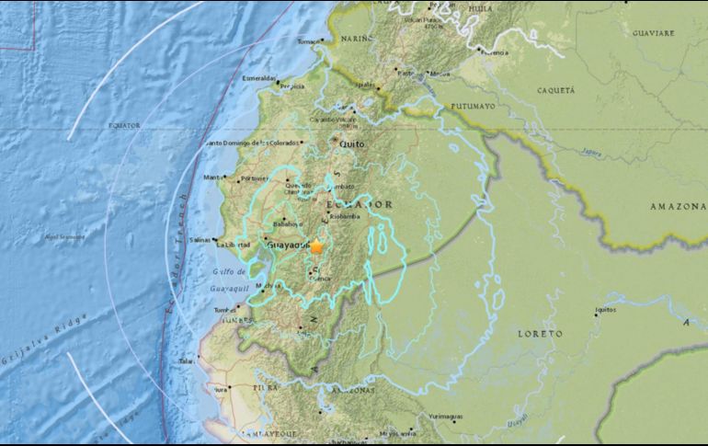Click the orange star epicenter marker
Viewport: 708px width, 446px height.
point(316,246)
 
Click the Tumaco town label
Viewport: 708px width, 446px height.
point(309,41)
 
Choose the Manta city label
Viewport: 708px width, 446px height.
point(213,177)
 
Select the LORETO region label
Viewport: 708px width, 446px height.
point(540,334)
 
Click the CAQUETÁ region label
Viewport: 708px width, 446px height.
point(554,90)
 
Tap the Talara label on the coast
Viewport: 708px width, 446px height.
point(186,362)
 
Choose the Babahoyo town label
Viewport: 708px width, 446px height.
point(287,223)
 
